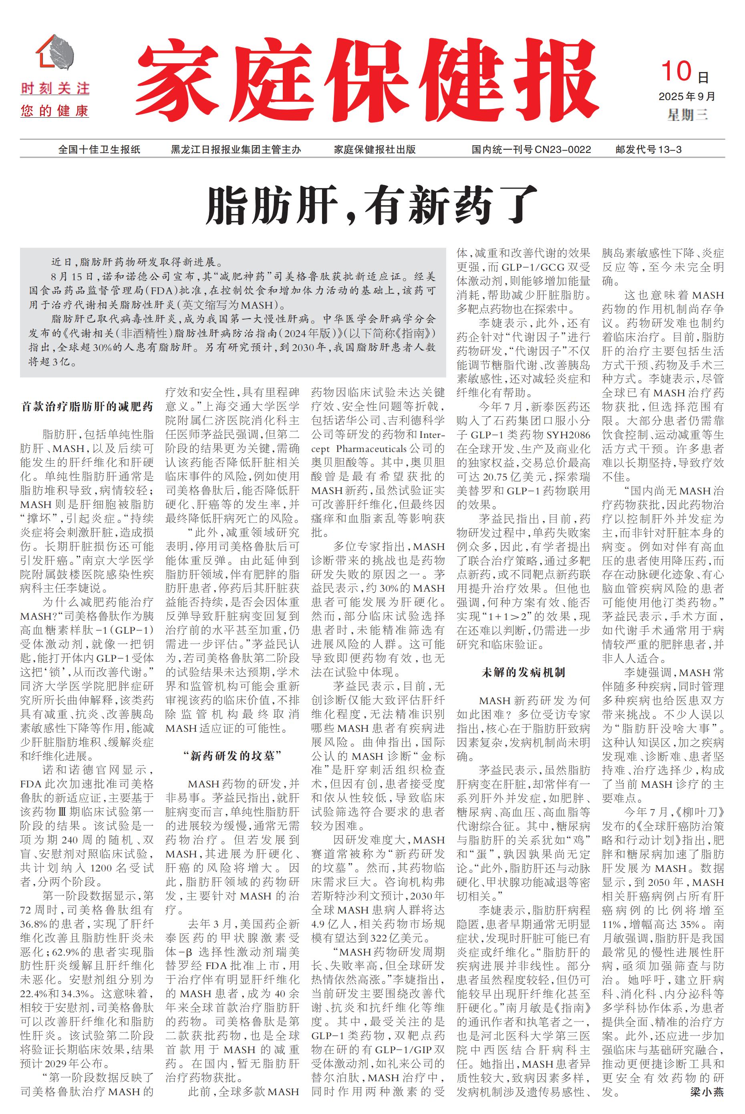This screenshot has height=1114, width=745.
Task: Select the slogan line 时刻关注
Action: click(x=55, y=88)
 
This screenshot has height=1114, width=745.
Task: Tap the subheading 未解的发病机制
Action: click(x=523, y=672)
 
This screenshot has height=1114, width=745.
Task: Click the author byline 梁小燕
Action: click(x=707, y=1092)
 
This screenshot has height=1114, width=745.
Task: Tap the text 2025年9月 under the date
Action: click(x=687, y=96)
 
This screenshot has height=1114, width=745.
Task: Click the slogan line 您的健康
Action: click(x=55, y=112)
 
